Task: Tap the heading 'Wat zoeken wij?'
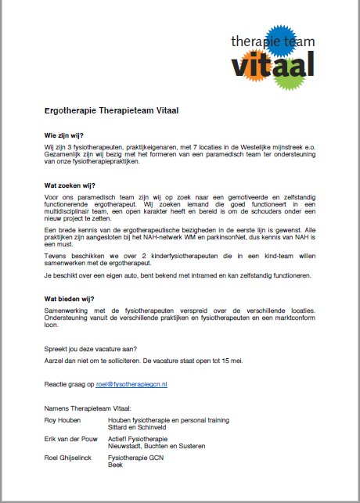point(70,185)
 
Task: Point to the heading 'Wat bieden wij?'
point(70,299)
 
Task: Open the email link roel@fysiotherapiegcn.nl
point(138,385)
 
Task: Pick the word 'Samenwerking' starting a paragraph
point(67,311)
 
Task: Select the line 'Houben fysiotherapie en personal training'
point(168,419)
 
